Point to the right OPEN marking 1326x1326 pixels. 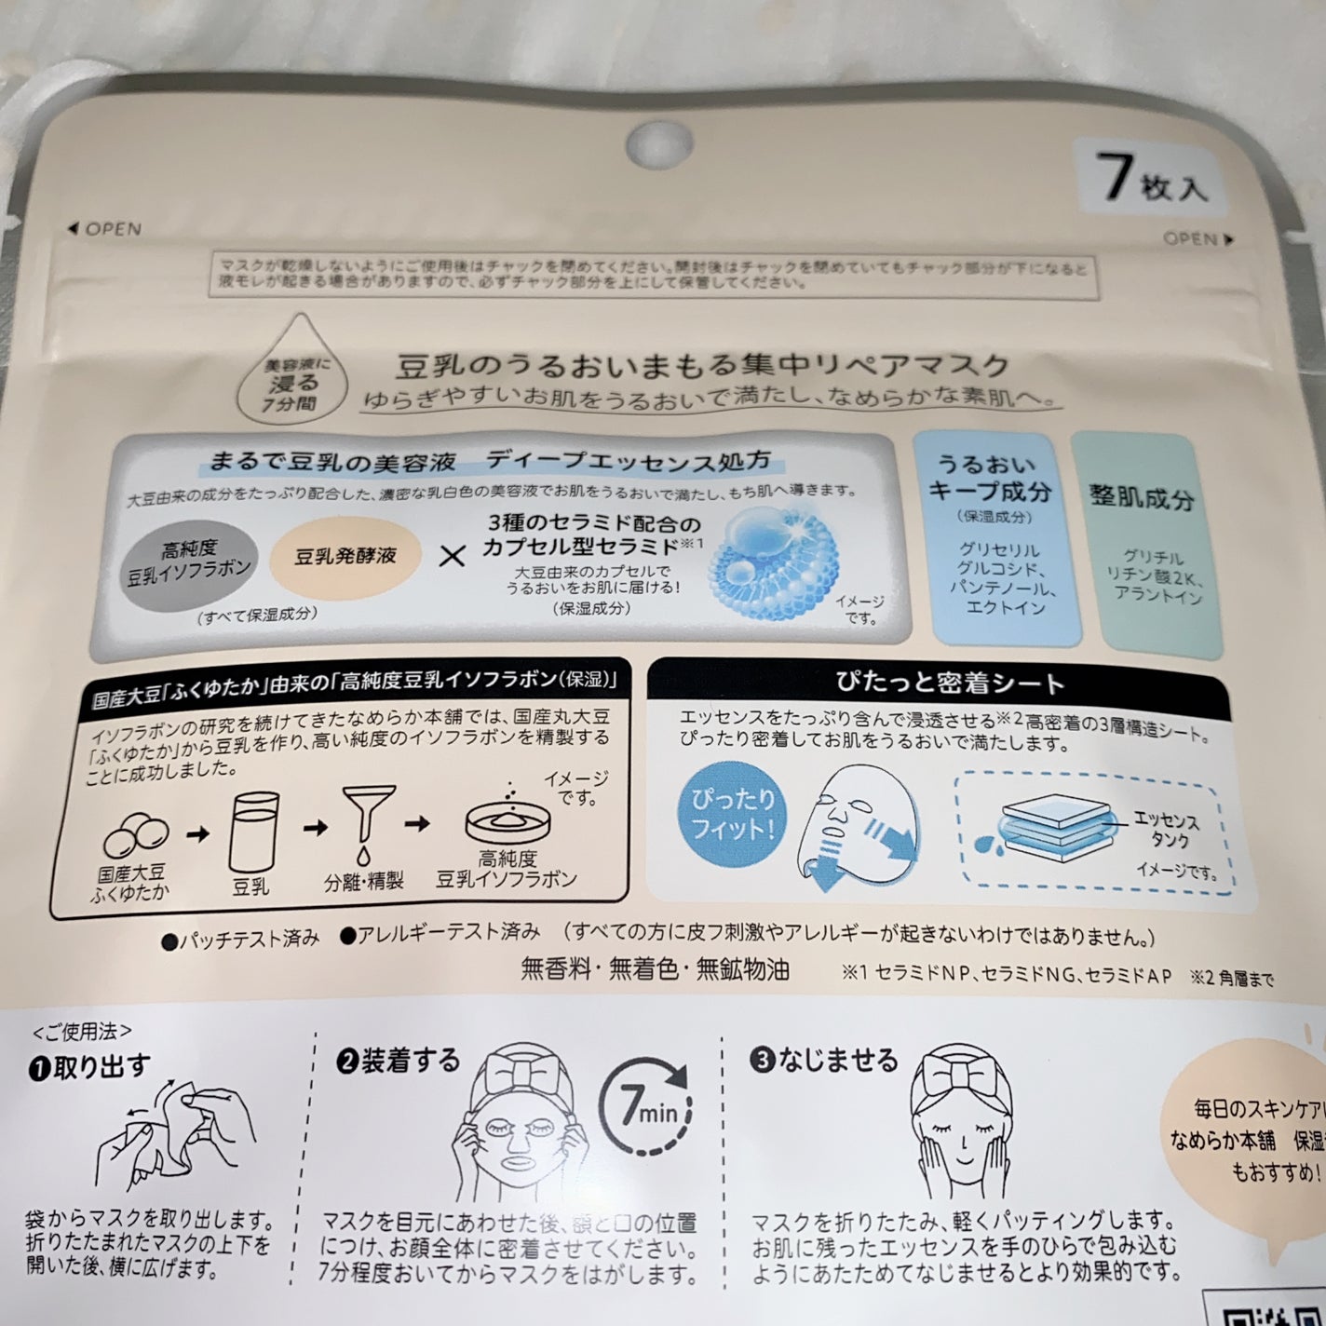click(1197, 238)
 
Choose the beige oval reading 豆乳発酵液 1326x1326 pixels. click(345, 556)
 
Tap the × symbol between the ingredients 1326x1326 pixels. click(452, 557)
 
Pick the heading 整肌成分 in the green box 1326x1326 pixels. click(1142, 497)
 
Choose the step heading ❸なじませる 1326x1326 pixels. click(825, 1060)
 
